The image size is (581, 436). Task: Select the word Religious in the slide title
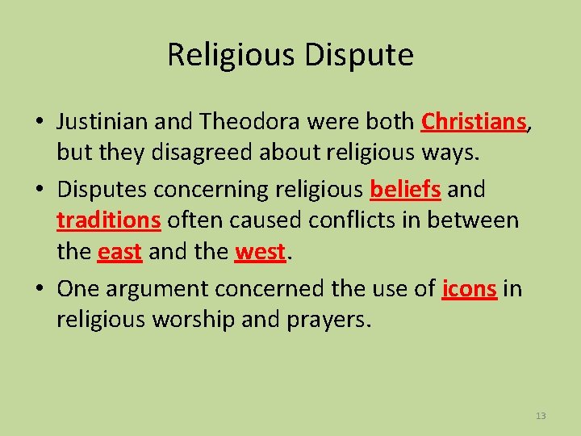click(x=231, y=56)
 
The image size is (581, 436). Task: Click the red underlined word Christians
click(x=474, y=122)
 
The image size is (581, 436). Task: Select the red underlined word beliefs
click(x=405, y=189)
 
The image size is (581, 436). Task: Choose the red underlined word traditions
click(x=109, y=220)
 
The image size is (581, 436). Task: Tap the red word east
click(x=119, y=253)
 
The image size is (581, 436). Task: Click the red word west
click(x=260, y=253)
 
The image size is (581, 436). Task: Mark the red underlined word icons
click(x=469, y=288)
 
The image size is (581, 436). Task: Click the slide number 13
click(x=540, y=416)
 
